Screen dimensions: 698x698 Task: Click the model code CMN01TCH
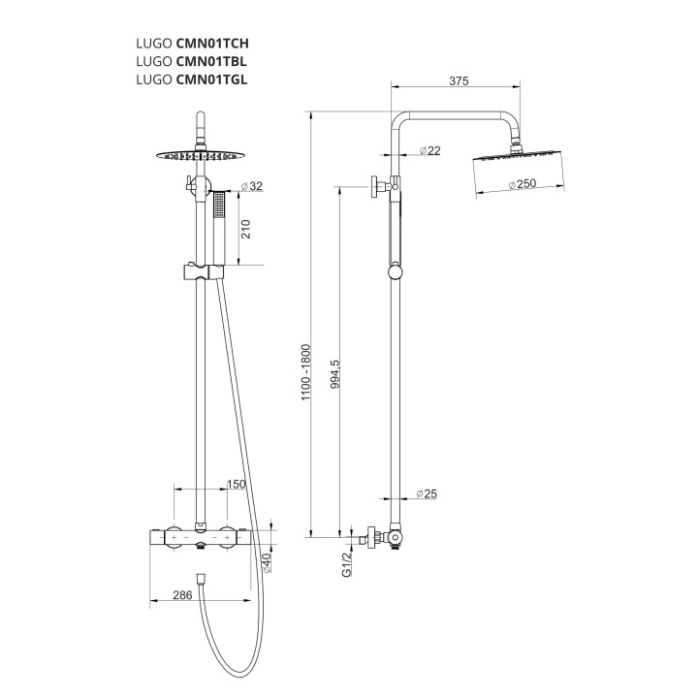(x=212, y=44)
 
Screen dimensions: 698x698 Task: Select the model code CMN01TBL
(x=211, y=61)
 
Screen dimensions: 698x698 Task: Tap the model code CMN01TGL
(x=212, y=79)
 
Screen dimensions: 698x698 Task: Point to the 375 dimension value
(x=459, y=81)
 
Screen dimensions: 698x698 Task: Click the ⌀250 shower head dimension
(x=523, y=183)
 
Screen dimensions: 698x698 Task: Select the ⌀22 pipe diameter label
(x=429, y=151)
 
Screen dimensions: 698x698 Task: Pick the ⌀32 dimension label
(x=251, y=186)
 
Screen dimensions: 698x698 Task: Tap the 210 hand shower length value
(x=245, y=229)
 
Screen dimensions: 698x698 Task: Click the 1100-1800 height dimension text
(x=305, y=372)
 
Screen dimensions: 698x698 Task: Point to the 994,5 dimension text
(x=335, y=374)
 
